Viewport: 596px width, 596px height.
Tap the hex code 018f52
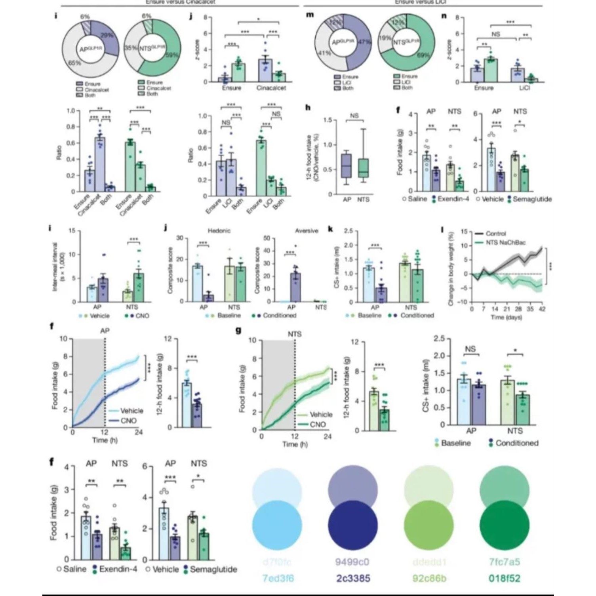[504, 579]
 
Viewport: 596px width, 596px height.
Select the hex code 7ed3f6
[278, 579]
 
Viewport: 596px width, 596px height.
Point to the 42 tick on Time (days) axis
[542, 309]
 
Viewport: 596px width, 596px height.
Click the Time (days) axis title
[506, 317]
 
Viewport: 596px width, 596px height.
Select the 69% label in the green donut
[423, 55]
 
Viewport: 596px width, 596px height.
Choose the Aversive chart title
[306, 230]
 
